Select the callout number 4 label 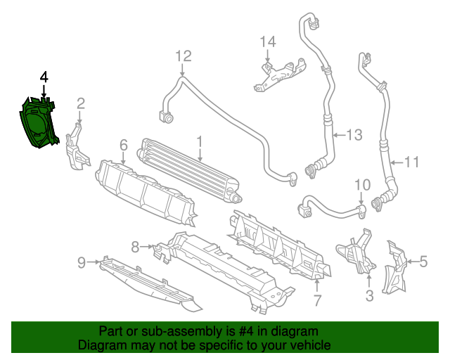pyautogui.click(x=44, y=76)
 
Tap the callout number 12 pyautogui.click(x=183, y=56)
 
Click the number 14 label pyautogui.click(x=268, y=41)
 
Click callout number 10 pyautogui.click(x=361, y=186)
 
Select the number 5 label pyautogui.click(x=423, y=262)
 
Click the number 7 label pyautogui.click(x=317, y=301)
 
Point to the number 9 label pyautogui.click(x=82, y=263)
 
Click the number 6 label pyautogui.click(x=123, y=145)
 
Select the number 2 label pyautogui.click(x=81, y=104)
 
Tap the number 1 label pyautogui.click(x=200, y=143)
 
